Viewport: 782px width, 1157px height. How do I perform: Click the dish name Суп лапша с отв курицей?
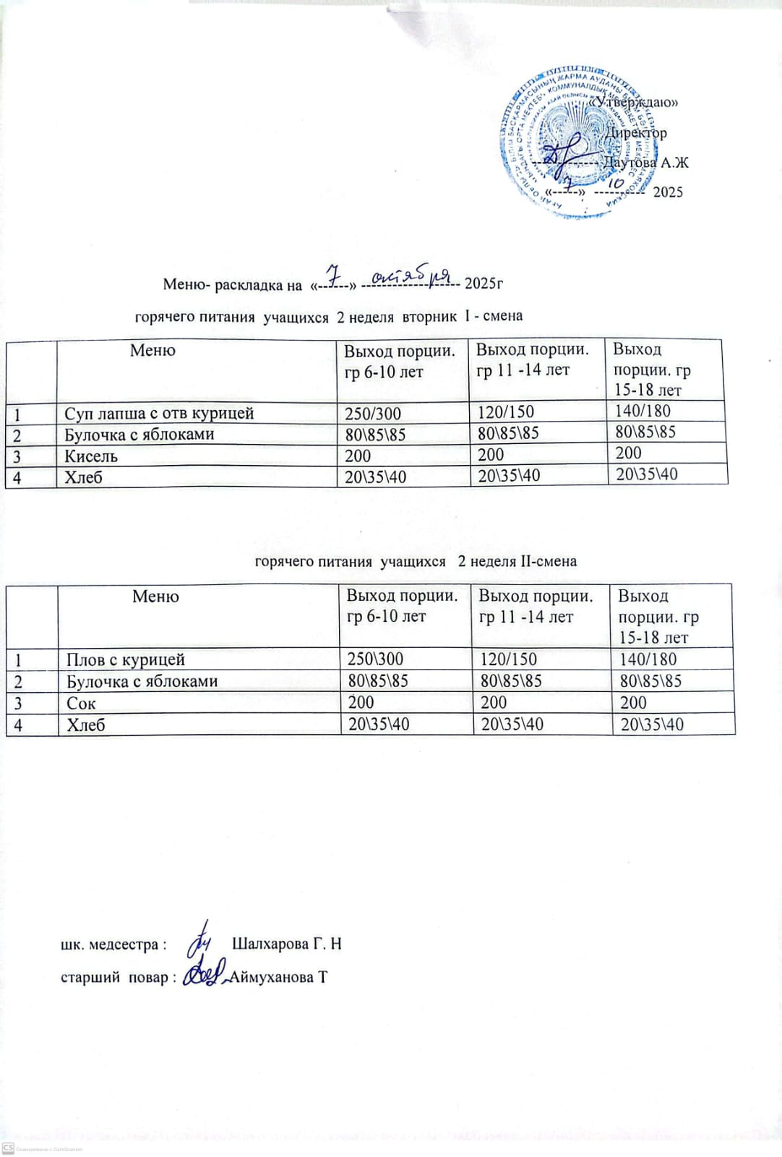[159, 414]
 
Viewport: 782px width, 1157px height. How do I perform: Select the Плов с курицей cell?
[126, 659]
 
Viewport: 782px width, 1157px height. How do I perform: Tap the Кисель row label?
[91, 456]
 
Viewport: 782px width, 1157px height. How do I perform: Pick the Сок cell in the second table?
[81, 703]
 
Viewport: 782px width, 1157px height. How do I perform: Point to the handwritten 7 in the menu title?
[333, 275]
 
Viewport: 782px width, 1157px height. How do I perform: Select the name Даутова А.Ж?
[645, 162]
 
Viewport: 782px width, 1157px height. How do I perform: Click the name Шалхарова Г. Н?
[287, 944]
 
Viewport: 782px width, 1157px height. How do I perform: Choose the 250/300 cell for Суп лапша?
[372, 414]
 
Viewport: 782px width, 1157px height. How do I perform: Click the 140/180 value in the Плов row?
[648, 659]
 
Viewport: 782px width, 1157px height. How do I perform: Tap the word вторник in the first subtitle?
[429, 316]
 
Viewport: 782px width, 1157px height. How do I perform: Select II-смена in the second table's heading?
[548, 561]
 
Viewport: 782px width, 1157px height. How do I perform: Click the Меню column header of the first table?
[152, 351]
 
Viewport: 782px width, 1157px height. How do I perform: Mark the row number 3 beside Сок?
[17, 703]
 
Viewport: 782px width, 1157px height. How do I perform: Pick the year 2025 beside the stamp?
[668, 192]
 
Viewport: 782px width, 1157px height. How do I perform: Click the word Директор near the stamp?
[636, 132]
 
